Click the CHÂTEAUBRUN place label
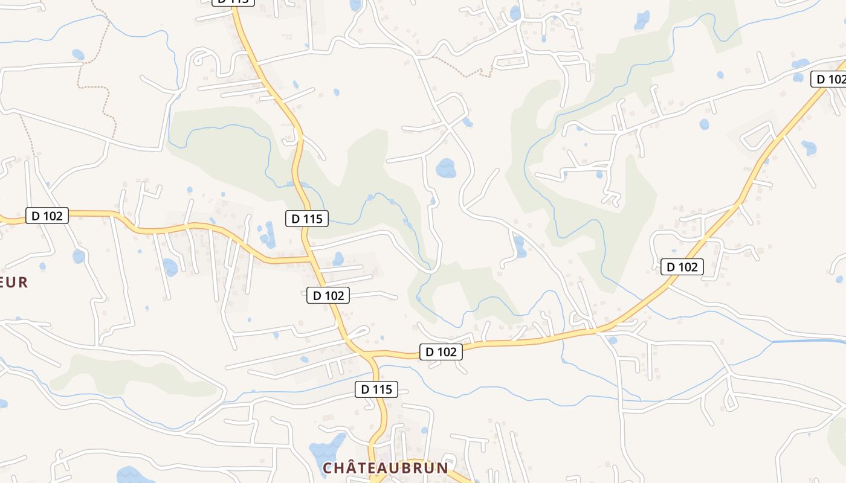(x=385, y=468)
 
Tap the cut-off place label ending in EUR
(x=14, y=282)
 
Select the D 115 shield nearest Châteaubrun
(x=376, y=389)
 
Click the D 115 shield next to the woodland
(x=307, y=219)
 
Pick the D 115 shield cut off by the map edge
(x=233, y=2)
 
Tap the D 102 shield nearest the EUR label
(x=47, y=216)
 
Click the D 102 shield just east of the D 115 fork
(x=441, y=352)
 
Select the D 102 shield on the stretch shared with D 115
(x=328, y=295)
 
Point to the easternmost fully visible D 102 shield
(x=682, y=267)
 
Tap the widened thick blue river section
(x=810, y=342)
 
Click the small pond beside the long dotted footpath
(x=78, y=55)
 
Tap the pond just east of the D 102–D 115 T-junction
(x=338, y=259)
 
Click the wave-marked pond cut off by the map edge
(x=133, y=475)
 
